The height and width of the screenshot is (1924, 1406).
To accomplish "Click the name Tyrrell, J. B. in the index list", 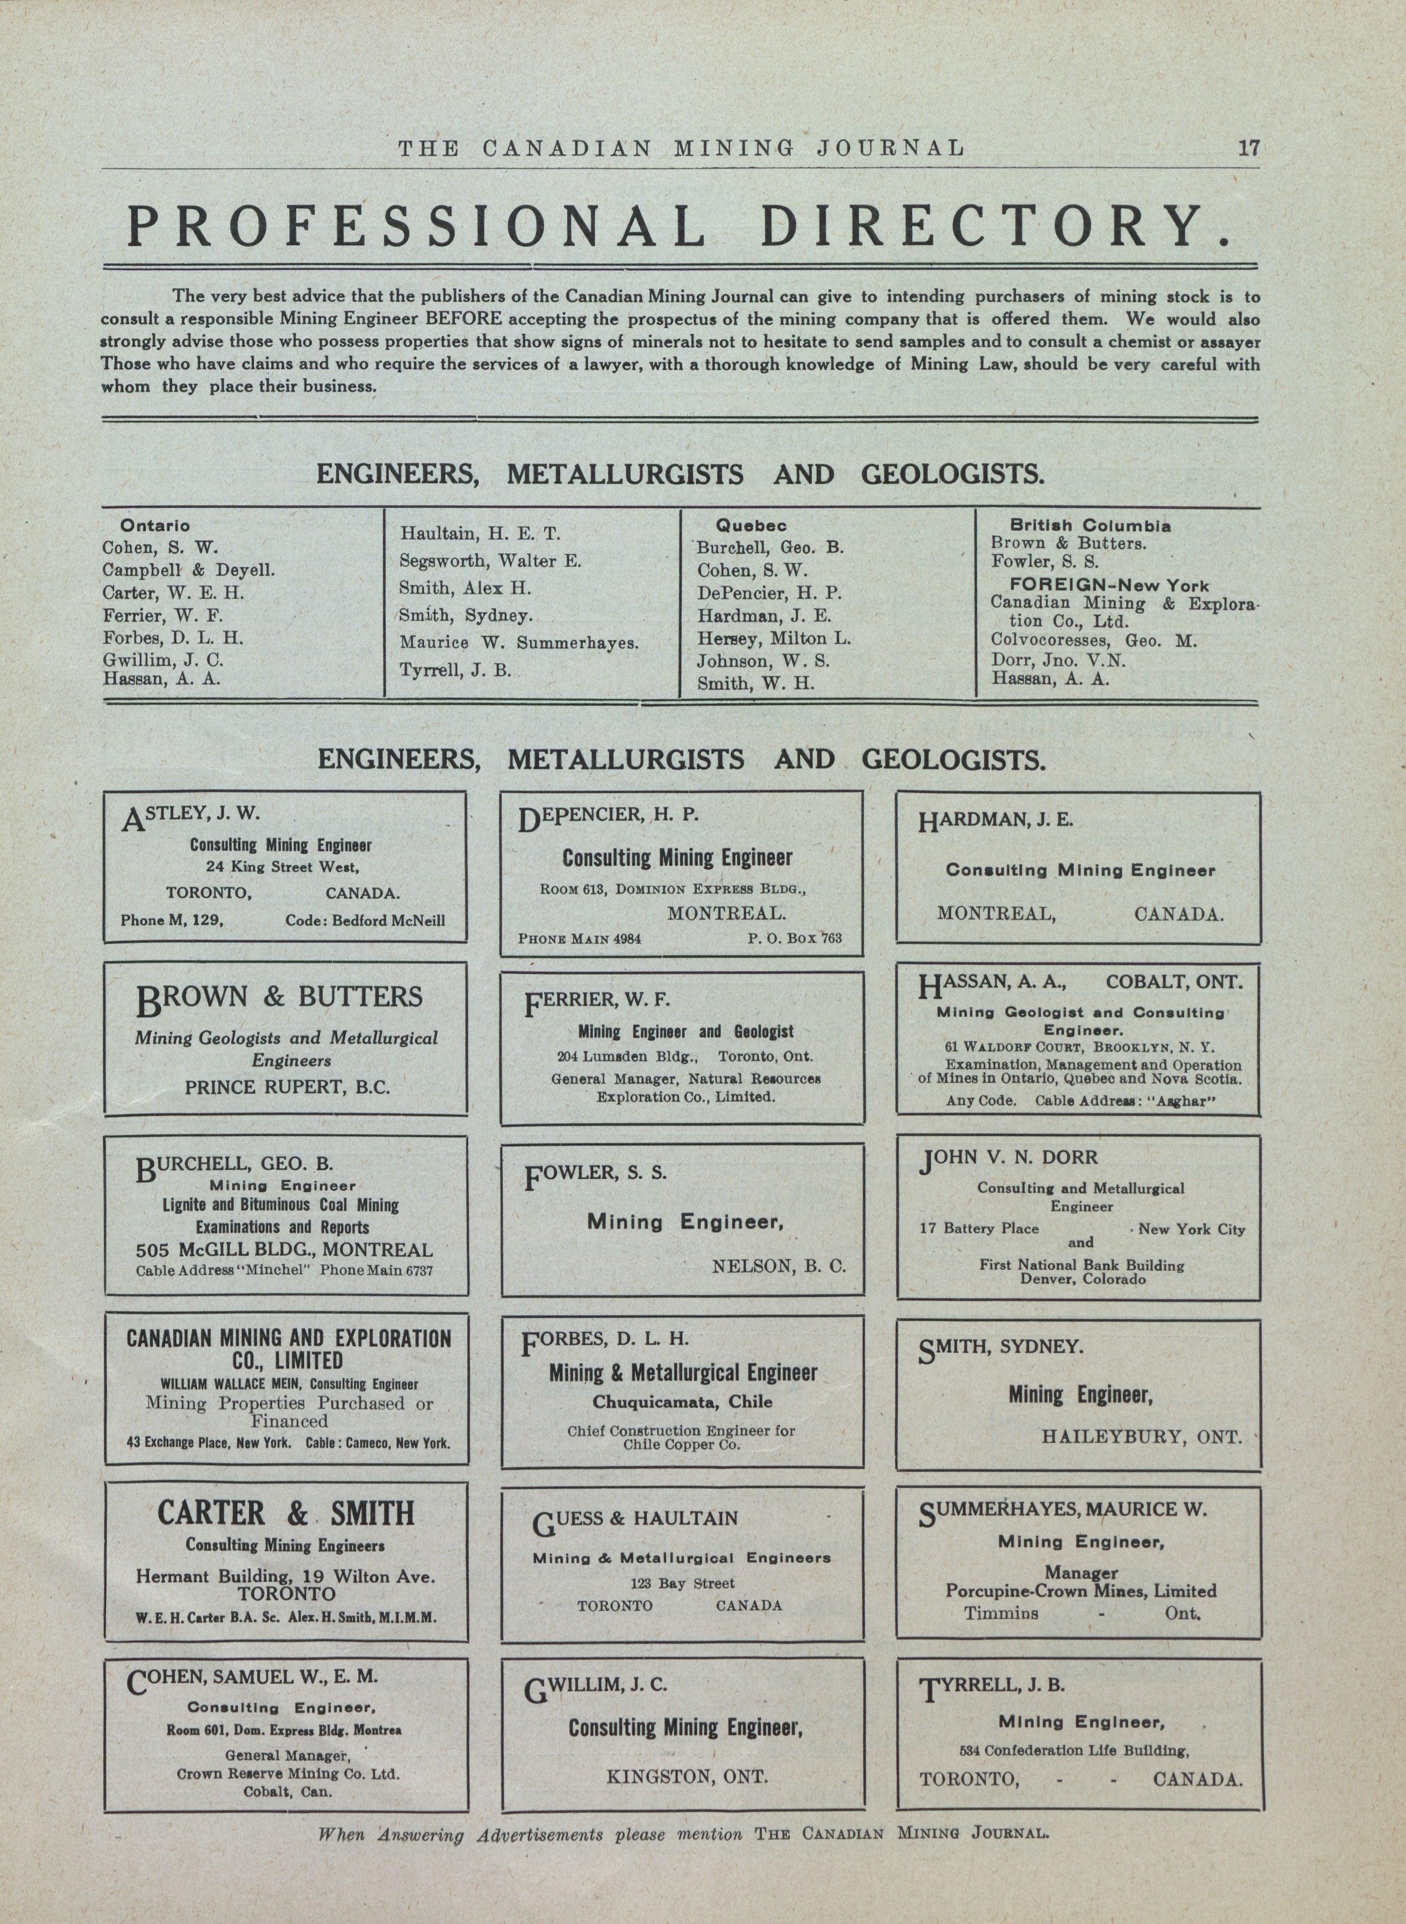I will (455, 670).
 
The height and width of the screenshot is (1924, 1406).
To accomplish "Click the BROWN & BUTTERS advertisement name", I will (279, 998).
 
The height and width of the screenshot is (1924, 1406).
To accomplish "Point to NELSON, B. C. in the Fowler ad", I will (779, 1266).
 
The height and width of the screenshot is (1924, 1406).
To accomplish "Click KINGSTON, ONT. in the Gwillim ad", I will (687, 1777).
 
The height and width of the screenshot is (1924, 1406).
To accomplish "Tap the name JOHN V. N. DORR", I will (1009, 1159).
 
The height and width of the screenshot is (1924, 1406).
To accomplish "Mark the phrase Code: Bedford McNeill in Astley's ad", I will (365, 920).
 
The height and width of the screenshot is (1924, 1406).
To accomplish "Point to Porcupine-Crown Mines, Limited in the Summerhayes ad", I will (1081, 1590).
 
